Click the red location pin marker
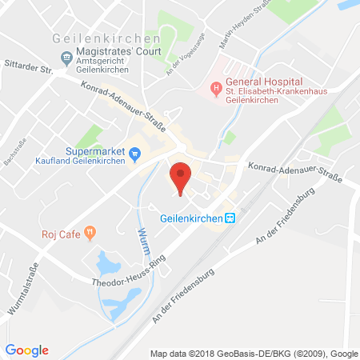182,175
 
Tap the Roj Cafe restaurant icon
90,234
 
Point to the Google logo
26,350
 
